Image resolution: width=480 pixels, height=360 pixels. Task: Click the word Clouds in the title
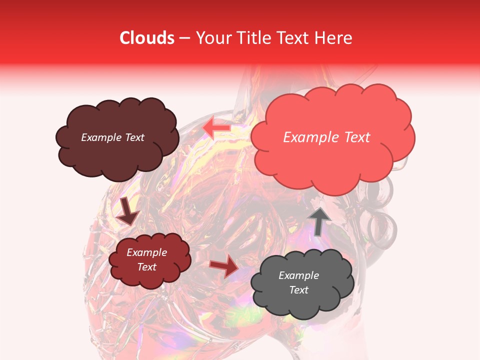click(147, 38)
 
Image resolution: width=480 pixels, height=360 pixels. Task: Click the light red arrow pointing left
click(216, 128)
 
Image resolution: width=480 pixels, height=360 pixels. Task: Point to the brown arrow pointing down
click(127, 211)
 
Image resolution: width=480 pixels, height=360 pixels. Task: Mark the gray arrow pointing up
click(319, 220)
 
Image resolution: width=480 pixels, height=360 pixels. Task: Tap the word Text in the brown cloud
click(135, 137)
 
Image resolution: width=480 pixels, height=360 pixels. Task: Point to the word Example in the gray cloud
click(298, 275)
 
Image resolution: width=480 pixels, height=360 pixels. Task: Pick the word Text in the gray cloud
click(298, 290)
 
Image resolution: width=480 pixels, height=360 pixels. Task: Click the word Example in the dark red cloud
click(146, 252)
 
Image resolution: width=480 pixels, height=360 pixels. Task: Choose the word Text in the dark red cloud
click(146, 267)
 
